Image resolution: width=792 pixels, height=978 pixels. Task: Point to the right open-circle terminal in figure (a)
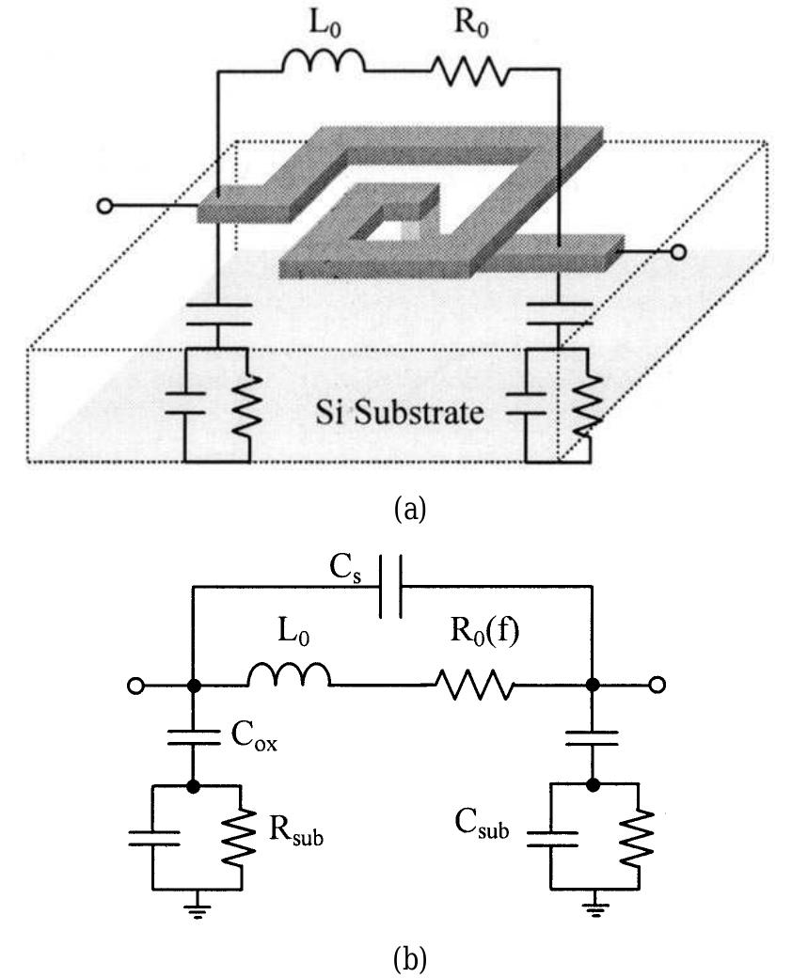pyautogui.click(x=679, y=252)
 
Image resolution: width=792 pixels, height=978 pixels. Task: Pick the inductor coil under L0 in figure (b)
pyautogui.click(x=289, y=676)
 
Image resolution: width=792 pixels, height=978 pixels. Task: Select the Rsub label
pyautogui.click(x=295, y=831)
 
